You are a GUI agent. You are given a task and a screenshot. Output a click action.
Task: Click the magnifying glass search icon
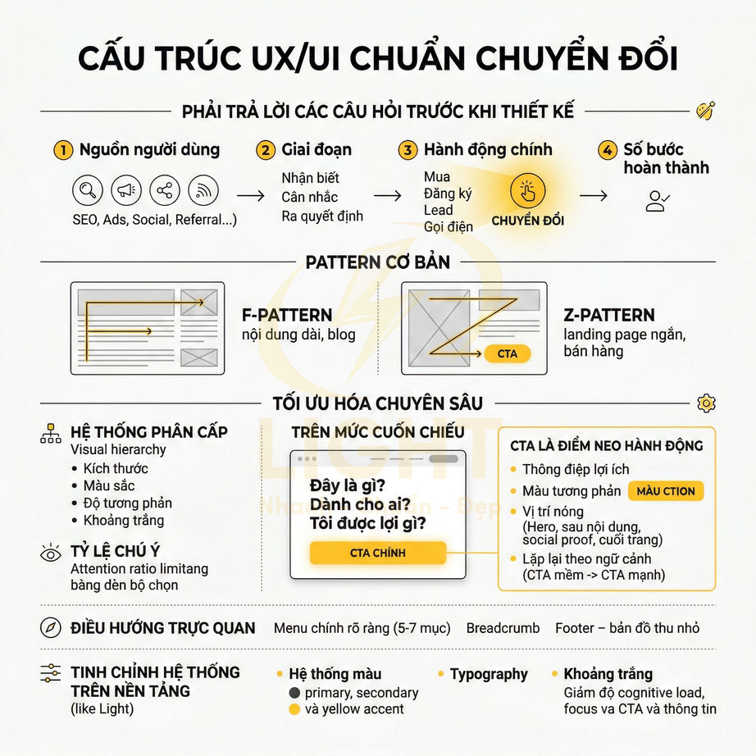(x=87, y=191)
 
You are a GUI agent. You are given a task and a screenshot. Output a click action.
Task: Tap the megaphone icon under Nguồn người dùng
(x=125, y=191)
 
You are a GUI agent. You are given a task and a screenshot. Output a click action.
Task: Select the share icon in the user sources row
(x=165, y=191)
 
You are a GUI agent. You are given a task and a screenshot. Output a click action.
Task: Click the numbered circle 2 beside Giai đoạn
(x=265, y=150)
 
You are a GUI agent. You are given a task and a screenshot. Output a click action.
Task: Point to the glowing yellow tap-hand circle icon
(x=527, y=191)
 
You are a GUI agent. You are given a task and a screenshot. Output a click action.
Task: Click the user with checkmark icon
(x=658, y=200)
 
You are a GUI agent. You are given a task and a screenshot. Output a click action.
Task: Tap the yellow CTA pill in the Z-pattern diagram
(x=508, y=354)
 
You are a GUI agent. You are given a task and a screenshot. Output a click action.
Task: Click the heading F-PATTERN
(x=287, y=315)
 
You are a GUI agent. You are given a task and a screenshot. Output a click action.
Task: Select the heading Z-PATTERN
(x=609, y=315)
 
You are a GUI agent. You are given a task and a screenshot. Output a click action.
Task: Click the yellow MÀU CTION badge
(x=665, y=491)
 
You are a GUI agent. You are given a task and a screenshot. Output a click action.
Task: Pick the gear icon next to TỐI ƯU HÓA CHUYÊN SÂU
(x=706, y=403)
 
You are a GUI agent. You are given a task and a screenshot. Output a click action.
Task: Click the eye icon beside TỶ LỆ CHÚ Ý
(x=51, y=553)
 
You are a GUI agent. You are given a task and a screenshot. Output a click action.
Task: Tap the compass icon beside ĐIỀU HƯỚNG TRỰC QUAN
(x=51, y=628)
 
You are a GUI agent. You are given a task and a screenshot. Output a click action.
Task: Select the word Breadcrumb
(x=503, y=628)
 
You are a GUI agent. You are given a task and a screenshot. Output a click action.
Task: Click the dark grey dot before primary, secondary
(x=294, y=693)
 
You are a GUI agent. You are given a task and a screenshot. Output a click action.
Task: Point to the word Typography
(x=489, y=674)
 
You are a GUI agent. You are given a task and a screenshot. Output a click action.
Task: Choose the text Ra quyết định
(x=322, y=216)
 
